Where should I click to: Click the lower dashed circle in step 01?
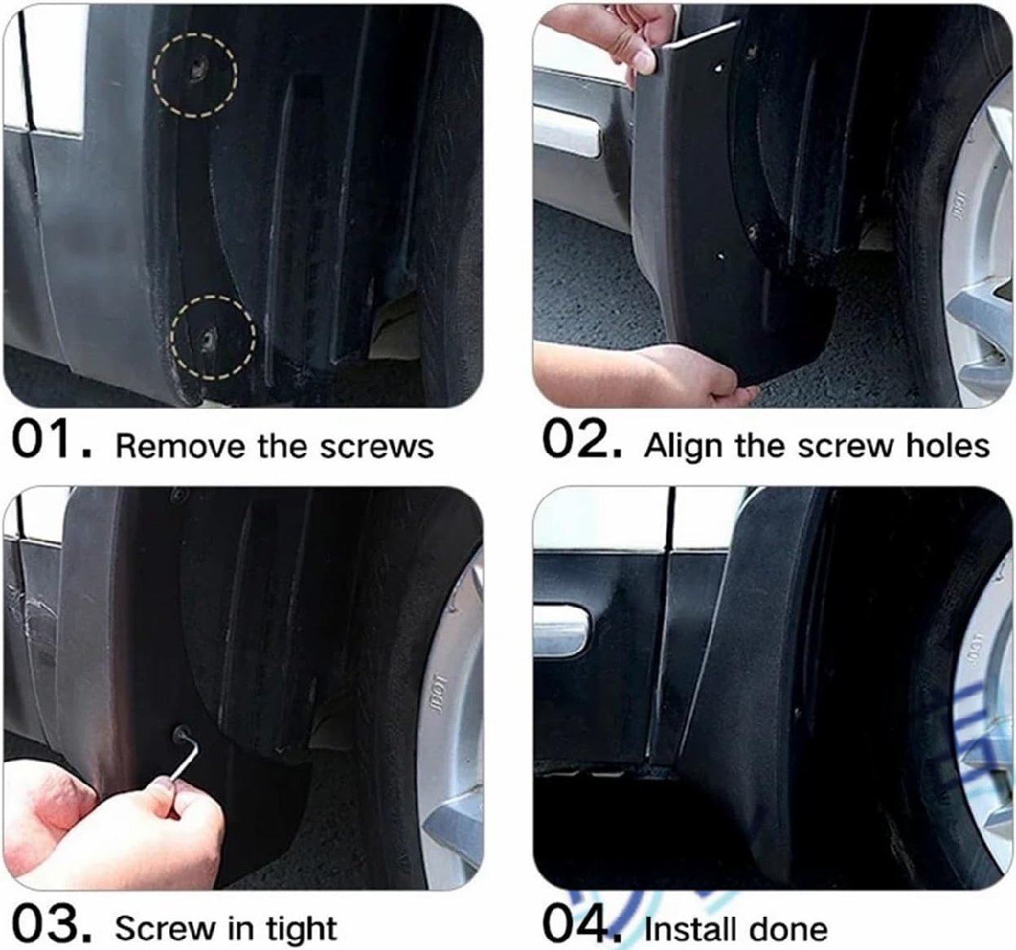pyautogui.click(x=171, y=338)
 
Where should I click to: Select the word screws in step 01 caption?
pyautogui.click(x=377, y=446)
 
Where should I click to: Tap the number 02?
pyautogui.click(x=583, y=440)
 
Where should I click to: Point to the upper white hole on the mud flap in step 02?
pyautogui.click(x=720, y=67)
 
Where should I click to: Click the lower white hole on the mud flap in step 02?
pyautogui.click(x=721, y=256)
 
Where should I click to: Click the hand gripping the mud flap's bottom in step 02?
pyautogui.click(x=639, y=376)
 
